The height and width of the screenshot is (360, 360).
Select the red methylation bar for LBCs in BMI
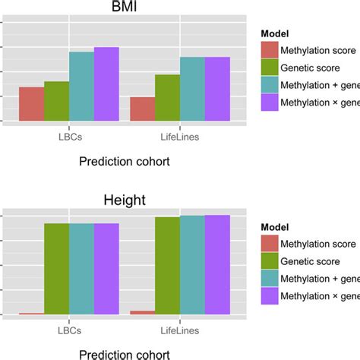[31, 104]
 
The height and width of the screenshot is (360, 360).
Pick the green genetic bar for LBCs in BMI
[56, 101]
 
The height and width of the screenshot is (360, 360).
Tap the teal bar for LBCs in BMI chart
[81, 87]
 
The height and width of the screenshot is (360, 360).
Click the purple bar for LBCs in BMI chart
[106, 84]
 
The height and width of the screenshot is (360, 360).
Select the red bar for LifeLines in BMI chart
[142, 109]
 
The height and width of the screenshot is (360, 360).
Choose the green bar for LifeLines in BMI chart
[167, 98]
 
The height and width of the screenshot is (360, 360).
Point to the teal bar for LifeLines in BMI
[192, 89]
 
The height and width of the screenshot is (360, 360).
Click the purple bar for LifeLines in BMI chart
[217, 89]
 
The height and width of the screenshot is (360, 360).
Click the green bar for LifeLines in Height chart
[167, 265]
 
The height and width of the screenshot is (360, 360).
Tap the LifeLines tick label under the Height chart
[180, 331]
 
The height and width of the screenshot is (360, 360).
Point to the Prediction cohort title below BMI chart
[124, 161]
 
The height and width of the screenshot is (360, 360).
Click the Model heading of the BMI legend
[275, 33]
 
